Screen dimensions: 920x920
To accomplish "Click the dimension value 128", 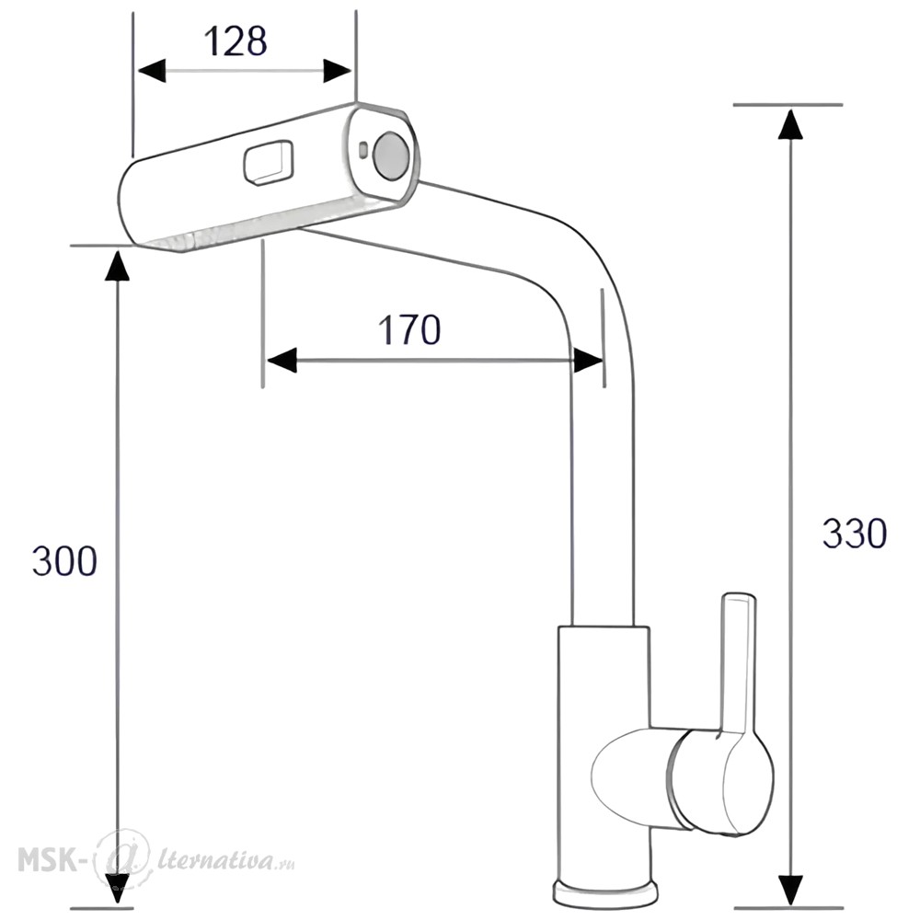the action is (x=236, y=41).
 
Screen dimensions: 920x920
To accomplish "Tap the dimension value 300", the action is (x=64, y=560).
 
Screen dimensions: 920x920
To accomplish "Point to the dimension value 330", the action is (x=855, y=534).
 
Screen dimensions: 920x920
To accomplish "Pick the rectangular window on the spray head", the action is (x=268, y=163).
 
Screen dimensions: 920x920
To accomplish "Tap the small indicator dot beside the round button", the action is (x=362, y=150).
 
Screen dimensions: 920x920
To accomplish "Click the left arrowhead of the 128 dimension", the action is (x=152, y=71).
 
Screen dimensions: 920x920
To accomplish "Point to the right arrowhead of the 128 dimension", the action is (x=337, y=71).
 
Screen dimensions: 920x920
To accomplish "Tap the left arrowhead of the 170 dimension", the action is (x=281, y=360).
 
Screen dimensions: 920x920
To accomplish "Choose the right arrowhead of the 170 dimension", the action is (x=587, y=360).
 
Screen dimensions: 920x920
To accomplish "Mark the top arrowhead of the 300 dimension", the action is (x=118, y=265).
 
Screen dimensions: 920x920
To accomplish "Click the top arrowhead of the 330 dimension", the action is (x=789, y=124).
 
